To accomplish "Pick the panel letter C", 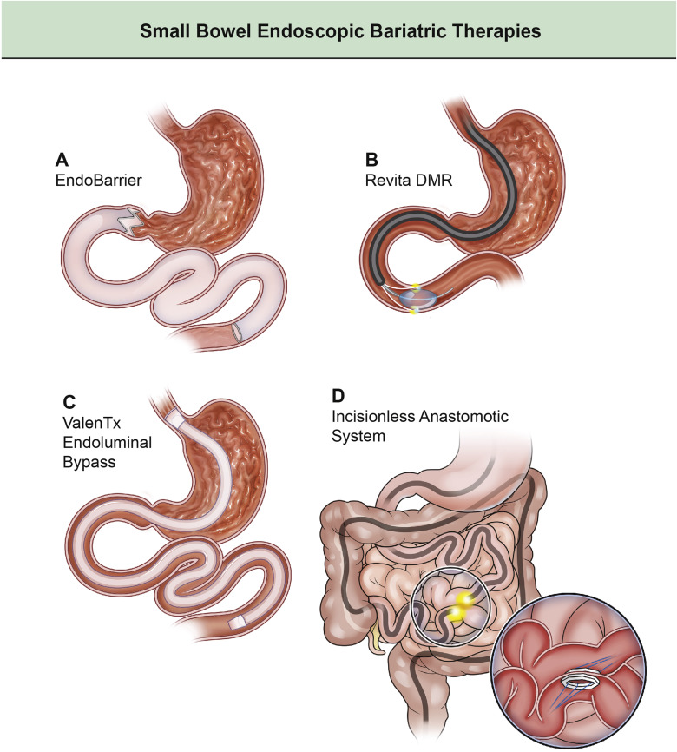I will point(61,402).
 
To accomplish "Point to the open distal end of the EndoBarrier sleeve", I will point(239,334).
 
